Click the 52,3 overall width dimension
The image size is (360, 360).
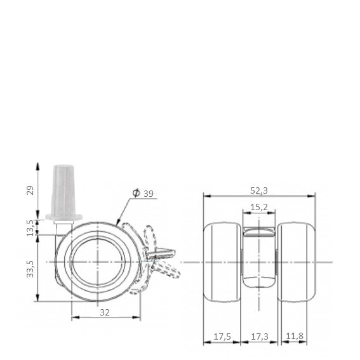(259, 190)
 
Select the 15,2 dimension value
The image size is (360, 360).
(259, 208)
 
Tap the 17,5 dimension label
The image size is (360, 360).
(222, 337)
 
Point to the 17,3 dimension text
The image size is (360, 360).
(260, 337)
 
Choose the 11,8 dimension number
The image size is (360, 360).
(295, 336)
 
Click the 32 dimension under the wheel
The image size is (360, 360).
(105, 312)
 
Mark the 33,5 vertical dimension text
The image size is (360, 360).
(30, 269)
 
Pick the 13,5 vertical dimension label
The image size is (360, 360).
(30, 228)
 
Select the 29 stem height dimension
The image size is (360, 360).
(30, 190)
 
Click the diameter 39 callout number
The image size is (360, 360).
(149, 194)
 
